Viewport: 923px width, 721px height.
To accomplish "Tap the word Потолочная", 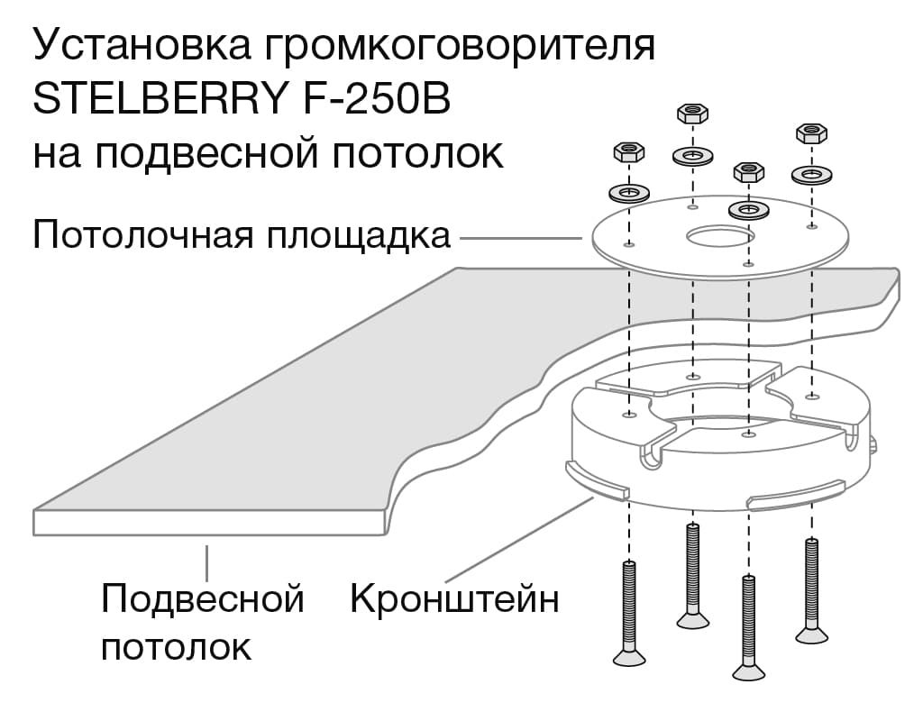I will click(x=144, y=236).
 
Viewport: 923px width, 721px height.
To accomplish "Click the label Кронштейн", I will click(x=454, y=598).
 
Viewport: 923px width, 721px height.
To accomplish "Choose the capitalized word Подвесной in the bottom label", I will click(x=202, y=598).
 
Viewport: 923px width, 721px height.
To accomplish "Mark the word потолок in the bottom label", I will click(x=176, y=646).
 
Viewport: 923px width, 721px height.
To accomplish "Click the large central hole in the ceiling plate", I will click(x=719, y=237).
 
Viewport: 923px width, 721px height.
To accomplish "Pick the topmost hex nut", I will click(x=692, y=114).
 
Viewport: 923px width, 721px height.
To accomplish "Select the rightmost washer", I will click(x=811, y=174).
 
